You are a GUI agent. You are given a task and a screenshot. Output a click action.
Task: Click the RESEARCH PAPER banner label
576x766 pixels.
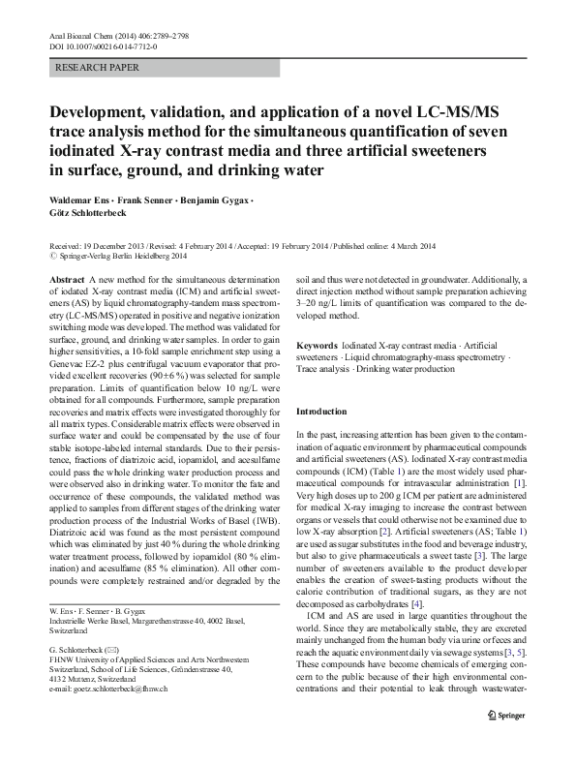point(98,68)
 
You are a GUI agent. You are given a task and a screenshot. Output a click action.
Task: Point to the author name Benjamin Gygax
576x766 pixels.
point(208,199)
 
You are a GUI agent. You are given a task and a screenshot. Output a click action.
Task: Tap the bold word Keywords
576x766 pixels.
point(317,346)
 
